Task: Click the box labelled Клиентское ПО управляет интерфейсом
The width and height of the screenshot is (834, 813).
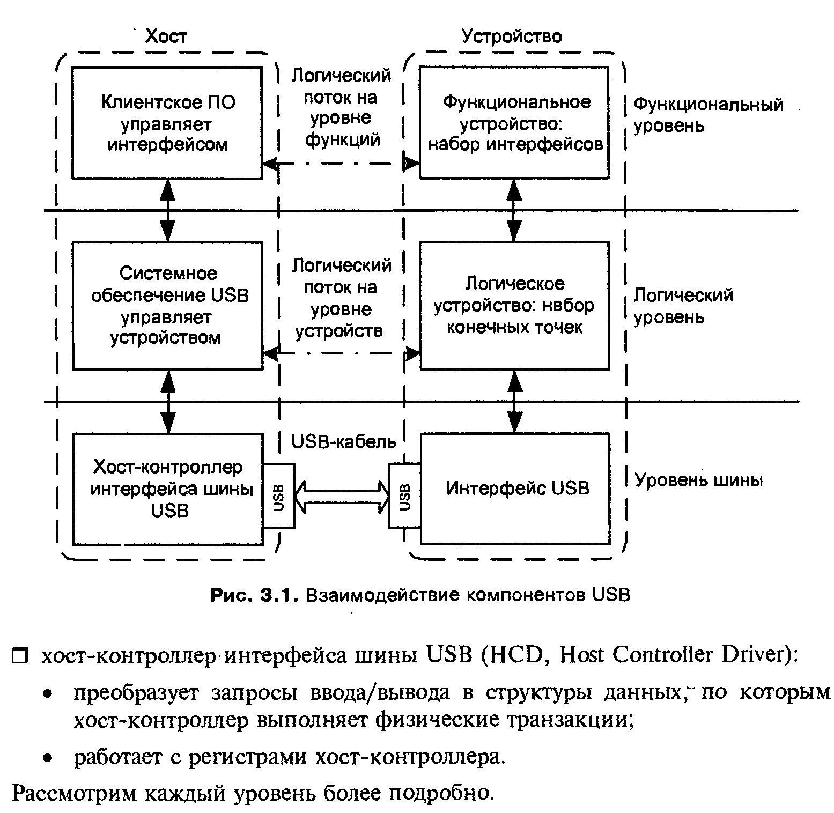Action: click(167, 123)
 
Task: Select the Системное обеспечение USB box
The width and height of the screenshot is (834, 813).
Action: click(167, 306)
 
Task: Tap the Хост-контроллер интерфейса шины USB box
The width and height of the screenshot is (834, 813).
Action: click(167, 489)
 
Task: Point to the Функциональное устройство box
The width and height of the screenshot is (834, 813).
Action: click(514, 123)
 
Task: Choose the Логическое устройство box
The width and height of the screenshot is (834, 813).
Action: click(514, 306)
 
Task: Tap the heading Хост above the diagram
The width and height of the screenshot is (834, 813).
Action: click(166, 36)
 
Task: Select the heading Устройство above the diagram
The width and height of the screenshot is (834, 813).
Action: click(512, 36)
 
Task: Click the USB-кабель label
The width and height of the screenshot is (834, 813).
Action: click(343, 441)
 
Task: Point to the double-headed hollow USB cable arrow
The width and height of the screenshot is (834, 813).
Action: click(341, 497)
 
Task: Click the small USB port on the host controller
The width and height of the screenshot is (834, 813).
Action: click(278, 496)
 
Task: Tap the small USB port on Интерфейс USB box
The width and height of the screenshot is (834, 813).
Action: click(405, 496)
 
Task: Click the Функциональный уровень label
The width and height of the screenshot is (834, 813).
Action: click(708, 115)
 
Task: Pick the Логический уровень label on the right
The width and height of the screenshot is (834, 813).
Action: click(683, 306)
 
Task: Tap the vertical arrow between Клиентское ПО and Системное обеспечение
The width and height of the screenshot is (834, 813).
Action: click(168, 210)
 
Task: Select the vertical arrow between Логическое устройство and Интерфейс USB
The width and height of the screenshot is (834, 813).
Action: click(515, 401)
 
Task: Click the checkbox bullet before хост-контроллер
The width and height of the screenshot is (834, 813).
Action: click(20, 655)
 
